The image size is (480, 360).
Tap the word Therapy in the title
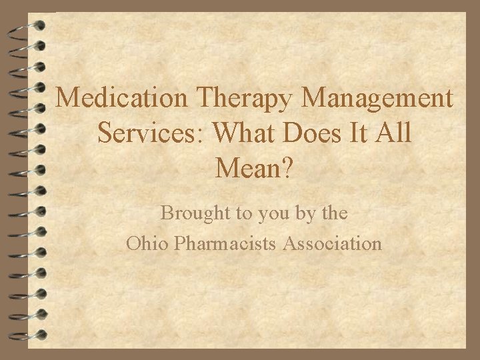[x=247, y=99]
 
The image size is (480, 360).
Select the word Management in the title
[x=378, y=99]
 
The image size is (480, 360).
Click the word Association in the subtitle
[x=333, y=243]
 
